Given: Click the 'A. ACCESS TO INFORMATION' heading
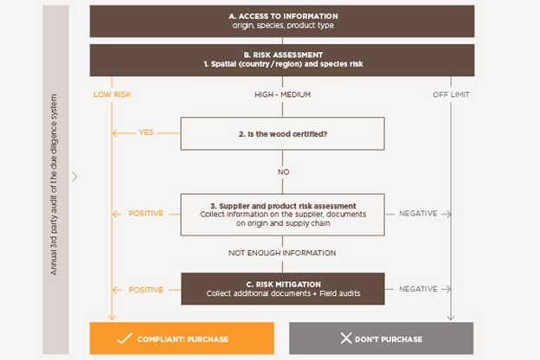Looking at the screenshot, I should [x=281, y=16].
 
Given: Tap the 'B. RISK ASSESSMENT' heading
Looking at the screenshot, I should [x=281, y=53].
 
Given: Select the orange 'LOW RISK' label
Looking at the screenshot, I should [x=112, y=94].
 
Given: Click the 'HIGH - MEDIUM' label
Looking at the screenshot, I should [x=281, y=94].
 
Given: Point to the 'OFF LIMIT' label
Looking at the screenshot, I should [x=450, y=94].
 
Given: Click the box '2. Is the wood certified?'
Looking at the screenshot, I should [x=281, y=133].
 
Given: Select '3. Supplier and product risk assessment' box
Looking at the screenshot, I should [x=281, y=214].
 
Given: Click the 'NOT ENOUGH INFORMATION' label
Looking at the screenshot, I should [x=281, y=253].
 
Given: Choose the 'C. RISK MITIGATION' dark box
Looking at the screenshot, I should [x=281, y=289].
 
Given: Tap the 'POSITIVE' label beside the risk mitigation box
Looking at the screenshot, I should [x=145, y=290].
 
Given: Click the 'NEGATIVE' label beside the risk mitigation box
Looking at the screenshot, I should [x=418, y=290].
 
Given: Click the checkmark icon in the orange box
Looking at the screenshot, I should [x=124, y=338].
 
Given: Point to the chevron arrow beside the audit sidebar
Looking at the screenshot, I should [x=75, y=177].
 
